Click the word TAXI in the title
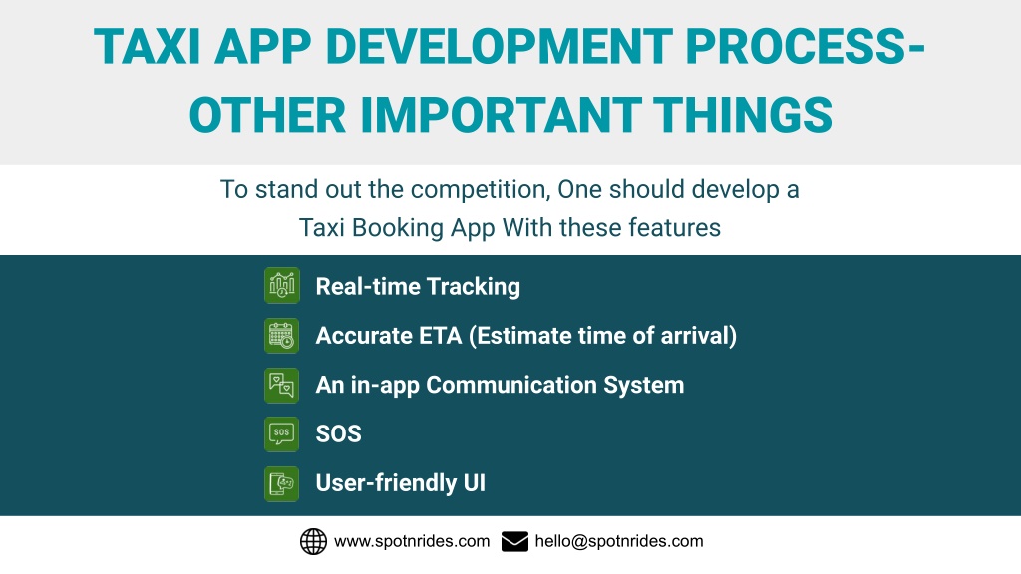148,46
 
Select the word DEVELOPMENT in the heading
499,46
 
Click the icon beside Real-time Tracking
282,285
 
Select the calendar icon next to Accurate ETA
282,335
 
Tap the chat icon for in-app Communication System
282,385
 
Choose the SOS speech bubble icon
282,434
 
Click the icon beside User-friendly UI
282,483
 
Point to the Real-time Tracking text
418,287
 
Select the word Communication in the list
511,385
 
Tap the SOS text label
339,434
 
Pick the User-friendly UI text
401,483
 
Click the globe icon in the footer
313,541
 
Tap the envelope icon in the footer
515,541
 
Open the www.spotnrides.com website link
412,541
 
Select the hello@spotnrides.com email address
619,541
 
